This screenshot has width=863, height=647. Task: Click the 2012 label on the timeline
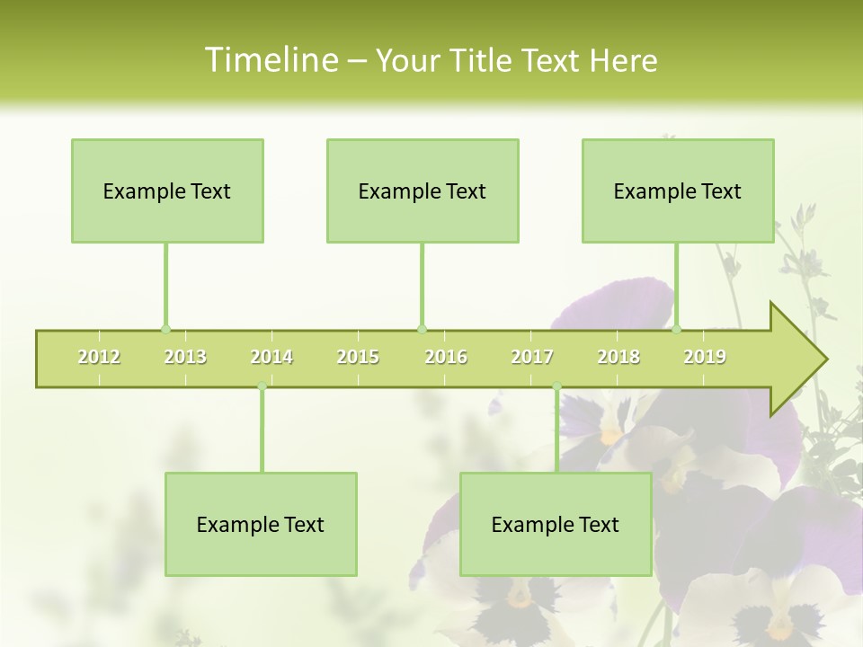tap(99, 357)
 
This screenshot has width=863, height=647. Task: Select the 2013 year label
tap(185, 357)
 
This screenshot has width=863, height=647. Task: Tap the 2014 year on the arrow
tap(271, 357)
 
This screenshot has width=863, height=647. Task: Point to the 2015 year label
tap(358, 357)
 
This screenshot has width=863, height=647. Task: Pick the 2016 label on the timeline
tap(446, 357)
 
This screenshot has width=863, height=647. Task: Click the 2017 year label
tap(532, 357)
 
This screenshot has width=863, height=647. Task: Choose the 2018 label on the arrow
tap(618, 357)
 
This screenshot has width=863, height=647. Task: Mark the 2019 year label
tap(705, 357)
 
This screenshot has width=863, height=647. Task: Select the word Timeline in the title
tap(270, 60)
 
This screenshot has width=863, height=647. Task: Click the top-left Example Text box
tap(167, 191)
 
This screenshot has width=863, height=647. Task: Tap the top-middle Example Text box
tap(423, 191)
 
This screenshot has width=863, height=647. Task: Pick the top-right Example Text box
tap(678, 191)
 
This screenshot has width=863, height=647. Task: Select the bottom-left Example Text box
tap(261, 524)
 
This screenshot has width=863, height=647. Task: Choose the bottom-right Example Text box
tap(556, 524)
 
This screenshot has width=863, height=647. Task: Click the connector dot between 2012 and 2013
tap(165, 329)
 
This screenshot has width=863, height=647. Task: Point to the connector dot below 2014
tap(262, 386)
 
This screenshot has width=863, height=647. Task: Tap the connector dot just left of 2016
tap(422, 329)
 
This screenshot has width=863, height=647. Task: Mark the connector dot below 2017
tap(556, 386)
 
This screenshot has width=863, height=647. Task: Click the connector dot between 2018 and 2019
tap(676, 329)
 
